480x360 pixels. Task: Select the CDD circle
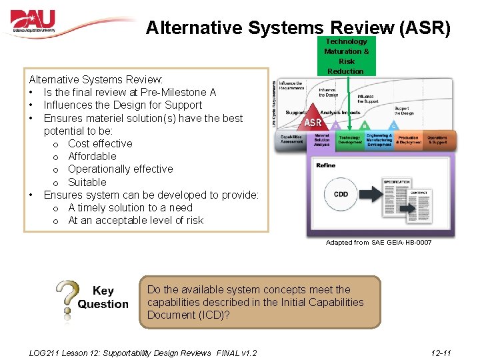(x=340, y=195)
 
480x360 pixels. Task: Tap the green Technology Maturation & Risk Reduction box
(x=346, y=56)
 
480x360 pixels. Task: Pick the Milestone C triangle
(x=394, y=125)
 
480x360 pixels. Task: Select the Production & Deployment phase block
(x=408, y=140)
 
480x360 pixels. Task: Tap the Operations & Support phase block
(x=437, y=140)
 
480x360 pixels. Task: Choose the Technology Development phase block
(x=349, y=140)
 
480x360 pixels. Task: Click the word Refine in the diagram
(x=326, y=165)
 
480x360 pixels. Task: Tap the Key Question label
(x=103, y=297)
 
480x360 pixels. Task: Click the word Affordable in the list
(x=92, y=156)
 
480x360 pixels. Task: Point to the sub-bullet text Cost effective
(x=100, y=143)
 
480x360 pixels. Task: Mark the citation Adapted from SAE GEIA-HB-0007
(x=378, y=243)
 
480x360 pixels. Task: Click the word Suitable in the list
(x=87, y=182)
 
